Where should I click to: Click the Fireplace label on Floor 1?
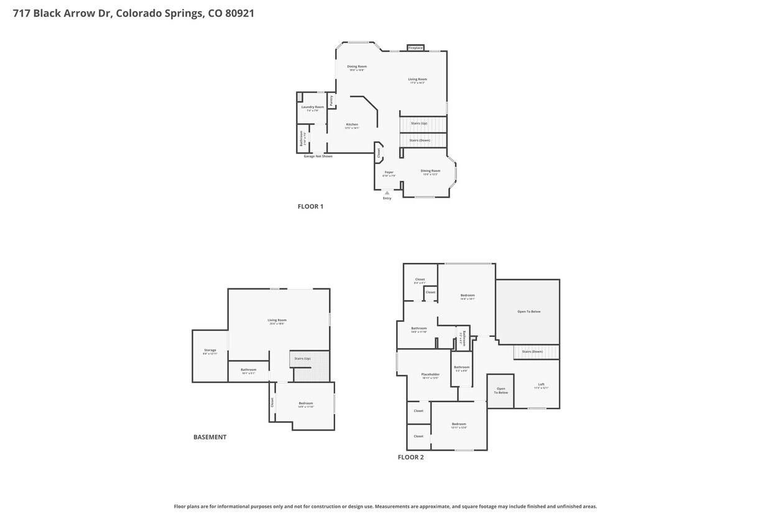pyautogui.click(x=415, y=48)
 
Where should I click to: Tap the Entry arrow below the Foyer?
pyautogui.click(x=387, y=193)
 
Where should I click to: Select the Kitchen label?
pyautogui.click(x=352, y=124)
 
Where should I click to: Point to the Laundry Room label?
pyautogui.click(x=313, y=107)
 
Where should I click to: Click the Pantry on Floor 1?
pyautogui.click(x=331, y=99)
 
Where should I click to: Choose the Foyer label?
pyautogui.click(x=389, y=172)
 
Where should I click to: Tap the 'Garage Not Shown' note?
pyautogui.click(x=318, y=156)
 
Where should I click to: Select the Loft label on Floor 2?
pyautogui.click(x=541, y=385)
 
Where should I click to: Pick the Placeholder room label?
pyautogui.click(x=430, y=375)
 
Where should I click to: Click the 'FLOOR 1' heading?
pyautogui.click(x=310, y=206)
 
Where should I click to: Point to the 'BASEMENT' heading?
pyautogui.click(x=210, y=437)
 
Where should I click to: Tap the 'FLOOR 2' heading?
pyautogui.click(x=410, y=457)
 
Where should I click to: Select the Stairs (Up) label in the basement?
pyautogui.click(x=302, y=359)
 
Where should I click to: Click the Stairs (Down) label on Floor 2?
pyautogui.click(x=532, y=352)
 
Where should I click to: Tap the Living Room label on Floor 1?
pyautogui.click(x=417, y=80)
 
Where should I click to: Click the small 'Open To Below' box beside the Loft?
pyautogui.click(x=501, y=391)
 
